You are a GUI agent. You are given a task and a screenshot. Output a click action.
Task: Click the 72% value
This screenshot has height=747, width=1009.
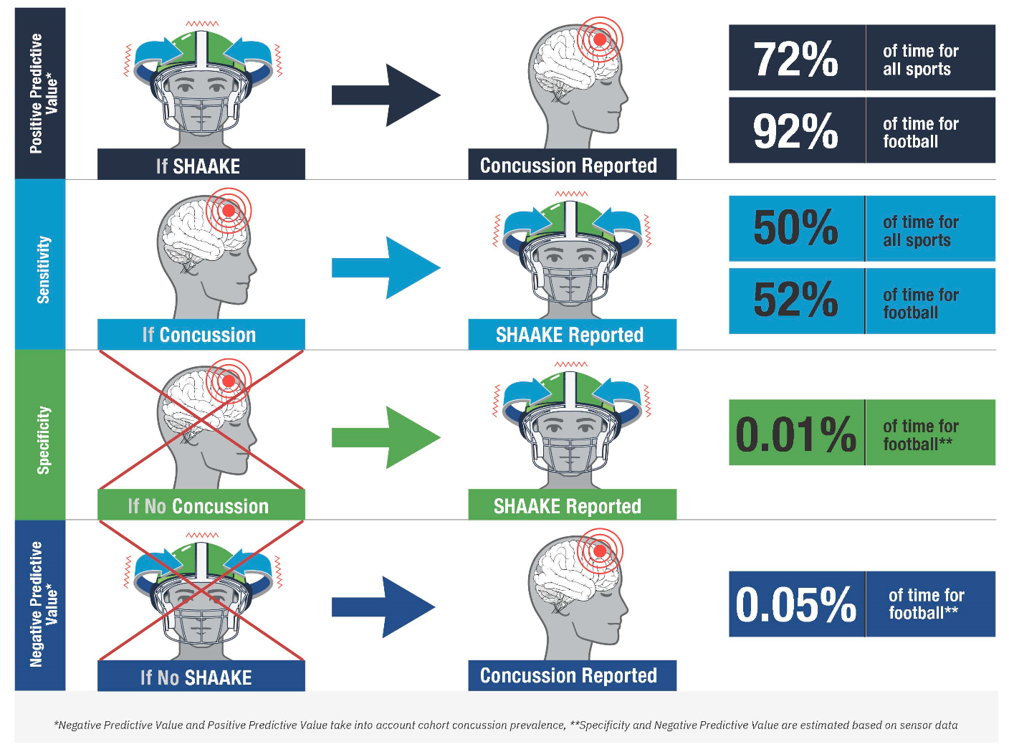[795, 59]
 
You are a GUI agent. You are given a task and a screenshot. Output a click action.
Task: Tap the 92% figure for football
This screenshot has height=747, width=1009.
[795, 131]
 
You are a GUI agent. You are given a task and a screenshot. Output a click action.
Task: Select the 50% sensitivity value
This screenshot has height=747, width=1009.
[795, 228]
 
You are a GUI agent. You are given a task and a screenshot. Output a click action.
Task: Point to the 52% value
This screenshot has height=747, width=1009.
[795, 300]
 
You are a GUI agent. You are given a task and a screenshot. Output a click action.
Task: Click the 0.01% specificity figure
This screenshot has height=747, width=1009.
[795, 434]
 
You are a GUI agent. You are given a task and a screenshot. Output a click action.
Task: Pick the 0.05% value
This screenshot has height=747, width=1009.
[795, 604]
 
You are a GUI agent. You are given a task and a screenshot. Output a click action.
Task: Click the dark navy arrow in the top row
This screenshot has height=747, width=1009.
[386, 95]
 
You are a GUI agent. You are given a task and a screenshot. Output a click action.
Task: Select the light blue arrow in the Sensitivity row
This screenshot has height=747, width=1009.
[386, 268]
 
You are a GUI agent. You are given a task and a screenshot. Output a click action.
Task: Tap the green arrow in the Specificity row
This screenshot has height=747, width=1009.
[386, 437]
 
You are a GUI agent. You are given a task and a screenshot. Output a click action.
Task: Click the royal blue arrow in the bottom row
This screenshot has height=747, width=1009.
[383, 607]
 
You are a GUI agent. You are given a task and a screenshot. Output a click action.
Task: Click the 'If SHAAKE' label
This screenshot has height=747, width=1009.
[199, 166]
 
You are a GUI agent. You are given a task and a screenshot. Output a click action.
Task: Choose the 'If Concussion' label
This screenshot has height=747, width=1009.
[199, 335]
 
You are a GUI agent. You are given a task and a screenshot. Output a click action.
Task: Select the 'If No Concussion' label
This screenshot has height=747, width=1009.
[199, 506]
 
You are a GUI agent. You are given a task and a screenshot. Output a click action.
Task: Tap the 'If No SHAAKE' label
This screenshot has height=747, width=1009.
[196, 677]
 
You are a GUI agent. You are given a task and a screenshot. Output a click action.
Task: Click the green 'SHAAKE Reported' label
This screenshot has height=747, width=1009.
[568, 506]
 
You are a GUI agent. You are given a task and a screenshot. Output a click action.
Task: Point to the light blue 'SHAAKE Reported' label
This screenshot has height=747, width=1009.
[570, 335]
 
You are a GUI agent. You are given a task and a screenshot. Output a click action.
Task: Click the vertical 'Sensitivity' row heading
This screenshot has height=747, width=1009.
[43, 270]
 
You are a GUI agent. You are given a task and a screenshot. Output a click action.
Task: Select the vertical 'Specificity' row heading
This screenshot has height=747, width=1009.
[43, 440]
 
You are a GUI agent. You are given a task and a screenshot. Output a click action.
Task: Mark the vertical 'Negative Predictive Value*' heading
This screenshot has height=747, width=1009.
[43, 604]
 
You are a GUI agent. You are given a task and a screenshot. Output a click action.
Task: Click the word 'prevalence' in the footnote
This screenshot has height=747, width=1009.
[537, 725]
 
